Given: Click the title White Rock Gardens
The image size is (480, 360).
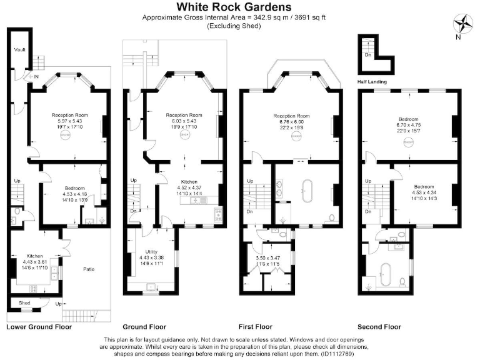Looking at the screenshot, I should (x=234, y=7).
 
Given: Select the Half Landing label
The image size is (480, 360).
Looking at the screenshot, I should (x=371, y=82).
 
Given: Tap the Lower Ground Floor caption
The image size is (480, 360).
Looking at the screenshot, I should (x=39, y=327).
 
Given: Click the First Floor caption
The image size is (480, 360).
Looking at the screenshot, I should (x=256, y=327).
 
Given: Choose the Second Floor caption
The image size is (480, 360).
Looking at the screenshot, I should (x=379, y=327).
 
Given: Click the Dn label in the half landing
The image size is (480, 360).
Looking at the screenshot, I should (x=367, y=55).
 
